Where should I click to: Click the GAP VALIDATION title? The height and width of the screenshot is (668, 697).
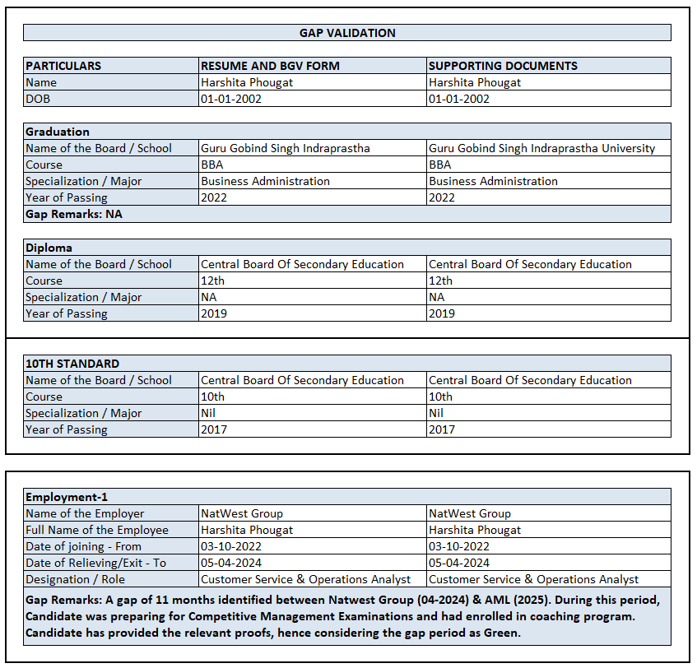[x=346, y=33]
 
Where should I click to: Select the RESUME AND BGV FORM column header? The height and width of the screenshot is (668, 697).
[x=270, y=66]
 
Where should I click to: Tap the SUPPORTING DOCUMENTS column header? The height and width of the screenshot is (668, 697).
[x=503, y=66]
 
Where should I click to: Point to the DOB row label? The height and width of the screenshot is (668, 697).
[x=38, y=99]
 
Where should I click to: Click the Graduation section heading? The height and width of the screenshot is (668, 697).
[x=58, y=132]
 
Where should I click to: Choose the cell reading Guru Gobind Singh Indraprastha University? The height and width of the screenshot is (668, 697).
[x=541, y=148]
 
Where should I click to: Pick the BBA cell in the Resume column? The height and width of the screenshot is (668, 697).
[x=211, y=165]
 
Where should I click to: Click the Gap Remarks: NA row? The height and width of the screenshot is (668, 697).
[x=74, y=214]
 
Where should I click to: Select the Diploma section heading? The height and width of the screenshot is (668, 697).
[x=49, y=248]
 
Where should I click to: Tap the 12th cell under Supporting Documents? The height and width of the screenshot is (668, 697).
[x=440, y=281]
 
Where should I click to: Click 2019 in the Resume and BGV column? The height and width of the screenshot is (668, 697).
[x=214, y=313]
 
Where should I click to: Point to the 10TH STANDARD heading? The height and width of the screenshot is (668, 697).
[x=72, y=364]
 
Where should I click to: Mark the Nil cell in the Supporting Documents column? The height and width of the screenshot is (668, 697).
[x=436, y=413]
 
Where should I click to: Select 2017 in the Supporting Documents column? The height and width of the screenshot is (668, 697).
[x=442, y=429]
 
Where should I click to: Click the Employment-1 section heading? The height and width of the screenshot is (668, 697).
[x=67, y=497]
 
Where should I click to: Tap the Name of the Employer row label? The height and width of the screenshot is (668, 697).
[x=85, y=513]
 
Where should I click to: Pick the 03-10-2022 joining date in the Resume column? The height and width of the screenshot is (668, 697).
[x=230, y=546]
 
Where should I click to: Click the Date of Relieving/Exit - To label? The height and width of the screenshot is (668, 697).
[x=95, y=563]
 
